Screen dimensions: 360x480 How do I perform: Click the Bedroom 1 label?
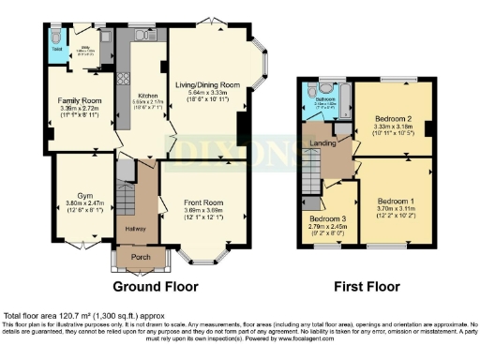click(x=397, y=201)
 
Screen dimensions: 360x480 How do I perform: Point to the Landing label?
click(x=323, y=143)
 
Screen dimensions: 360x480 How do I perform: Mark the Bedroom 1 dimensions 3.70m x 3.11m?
click(x=397, y=211)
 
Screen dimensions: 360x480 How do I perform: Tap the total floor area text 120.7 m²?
click(x=67, y=315)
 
